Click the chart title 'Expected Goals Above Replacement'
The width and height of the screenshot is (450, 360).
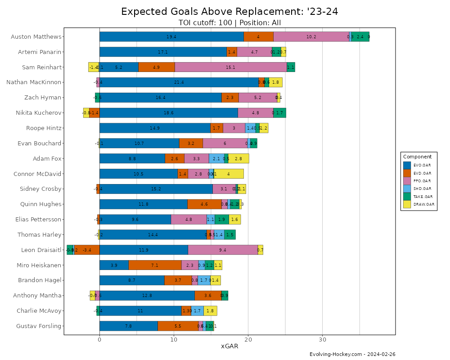[229, 12]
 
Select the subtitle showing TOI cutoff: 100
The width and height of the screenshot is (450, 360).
[229, 23]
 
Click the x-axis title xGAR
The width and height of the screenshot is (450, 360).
[229, 346]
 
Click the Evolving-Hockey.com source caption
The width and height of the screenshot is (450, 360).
[352, 355]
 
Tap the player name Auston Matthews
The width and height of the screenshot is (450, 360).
[36, 37]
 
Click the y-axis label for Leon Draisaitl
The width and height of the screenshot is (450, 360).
[41, 250]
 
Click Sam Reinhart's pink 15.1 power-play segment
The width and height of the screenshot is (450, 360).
[230, 67]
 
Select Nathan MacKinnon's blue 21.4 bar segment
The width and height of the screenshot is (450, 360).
[179, 83]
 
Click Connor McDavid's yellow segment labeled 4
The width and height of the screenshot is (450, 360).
[229, 174]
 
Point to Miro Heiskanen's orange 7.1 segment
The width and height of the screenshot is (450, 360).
[155, 265]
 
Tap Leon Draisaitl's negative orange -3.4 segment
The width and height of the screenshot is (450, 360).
[87, 250]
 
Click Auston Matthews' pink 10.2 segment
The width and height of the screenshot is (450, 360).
[311, 37]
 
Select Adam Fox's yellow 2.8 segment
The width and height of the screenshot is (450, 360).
[238, 159]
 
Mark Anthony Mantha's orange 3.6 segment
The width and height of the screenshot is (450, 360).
[208, 296]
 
